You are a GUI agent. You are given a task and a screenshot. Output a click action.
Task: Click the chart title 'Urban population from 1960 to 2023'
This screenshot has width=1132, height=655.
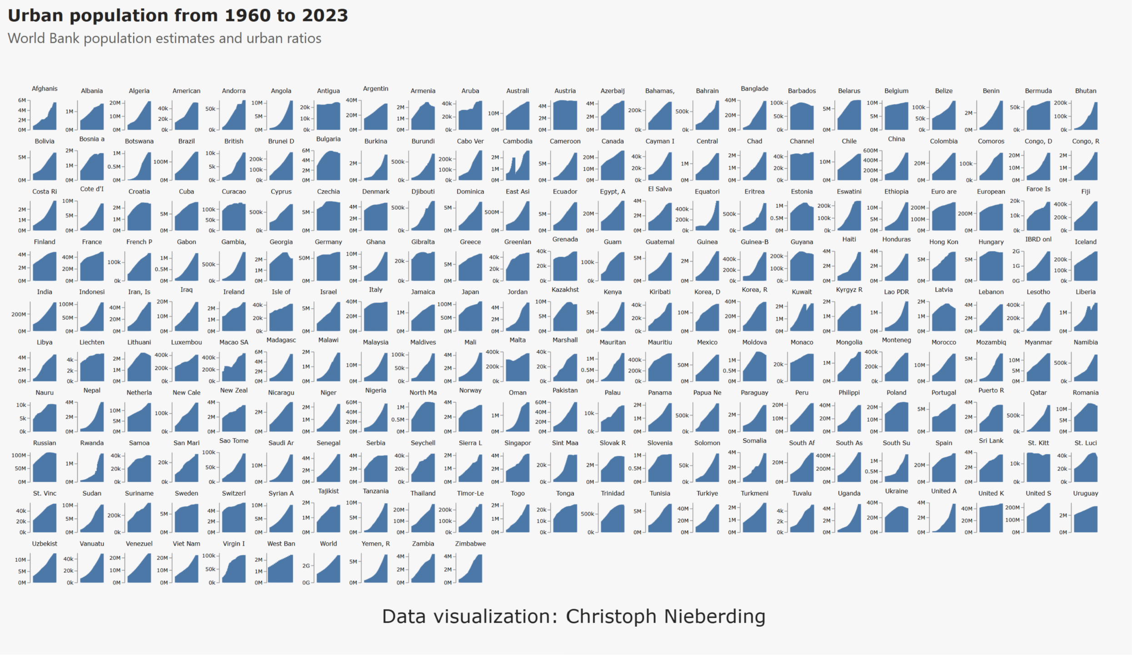[x=178, y=15]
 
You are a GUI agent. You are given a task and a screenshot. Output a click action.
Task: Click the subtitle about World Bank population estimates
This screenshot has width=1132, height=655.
[x=164, y=38]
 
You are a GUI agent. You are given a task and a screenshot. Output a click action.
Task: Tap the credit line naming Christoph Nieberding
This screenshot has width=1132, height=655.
[x=573, y=616]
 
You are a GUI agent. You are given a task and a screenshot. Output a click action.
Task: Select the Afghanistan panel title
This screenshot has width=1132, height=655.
[x=45, y=89]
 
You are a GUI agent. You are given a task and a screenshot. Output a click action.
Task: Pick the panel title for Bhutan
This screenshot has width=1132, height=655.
[x=1085, y=91]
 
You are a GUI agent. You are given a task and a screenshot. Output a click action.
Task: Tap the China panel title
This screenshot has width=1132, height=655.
[x=896, y=139]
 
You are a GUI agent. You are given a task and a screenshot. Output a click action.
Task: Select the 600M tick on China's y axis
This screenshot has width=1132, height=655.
[x=871, y=151]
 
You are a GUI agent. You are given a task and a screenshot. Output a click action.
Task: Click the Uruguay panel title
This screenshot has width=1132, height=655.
[x=1085, y=494]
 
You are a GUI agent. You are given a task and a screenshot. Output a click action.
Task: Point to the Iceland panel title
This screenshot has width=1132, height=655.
[x=1085, y=242]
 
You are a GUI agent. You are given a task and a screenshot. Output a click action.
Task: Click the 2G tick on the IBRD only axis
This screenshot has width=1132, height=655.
[x=1016, y=251]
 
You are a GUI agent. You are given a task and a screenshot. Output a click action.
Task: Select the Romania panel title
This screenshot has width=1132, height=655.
[x=1085, y=393]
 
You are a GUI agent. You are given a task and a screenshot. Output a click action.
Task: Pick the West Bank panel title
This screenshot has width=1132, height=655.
[x=281, y=544]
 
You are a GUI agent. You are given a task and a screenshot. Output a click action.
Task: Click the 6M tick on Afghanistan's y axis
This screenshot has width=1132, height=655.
[x=22, y=101]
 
